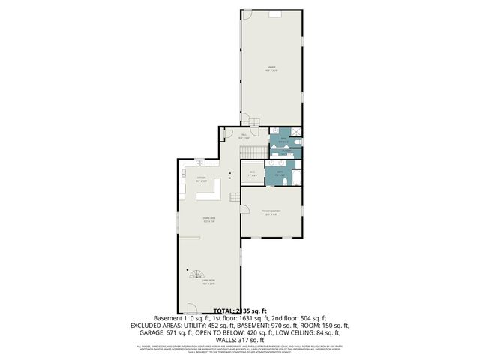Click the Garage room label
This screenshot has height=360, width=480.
tap(271, 68)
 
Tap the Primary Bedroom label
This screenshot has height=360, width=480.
tap(271, 213)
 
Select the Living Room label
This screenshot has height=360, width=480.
tap(205, 283)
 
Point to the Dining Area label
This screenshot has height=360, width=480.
tap(209, 219)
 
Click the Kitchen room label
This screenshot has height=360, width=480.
tap(202, 179)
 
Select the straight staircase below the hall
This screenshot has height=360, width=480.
tap(253, 152)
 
